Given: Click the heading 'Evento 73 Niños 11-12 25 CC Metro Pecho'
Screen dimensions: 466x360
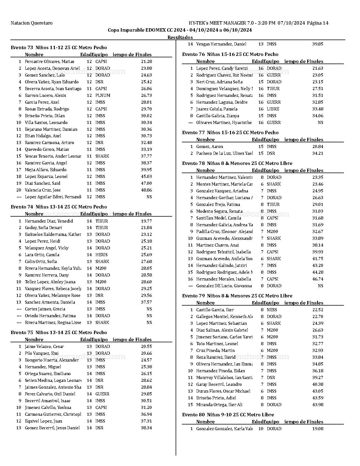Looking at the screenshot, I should coord(59,47).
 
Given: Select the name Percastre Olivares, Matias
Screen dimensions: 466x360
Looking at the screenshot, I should coord(49,62).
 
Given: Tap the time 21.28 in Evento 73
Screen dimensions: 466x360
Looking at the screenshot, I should coord(146,62).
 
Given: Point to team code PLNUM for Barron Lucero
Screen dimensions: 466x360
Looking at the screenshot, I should coord(103,95).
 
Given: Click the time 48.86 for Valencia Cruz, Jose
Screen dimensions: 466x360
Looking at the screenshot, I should coord(146,190).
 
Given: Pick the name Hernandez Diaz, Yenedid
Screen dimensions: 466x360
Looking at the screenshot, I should coord(49,221).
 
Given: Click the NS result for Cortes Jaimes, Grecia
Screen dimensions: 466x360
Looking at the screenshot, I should coord(149,309).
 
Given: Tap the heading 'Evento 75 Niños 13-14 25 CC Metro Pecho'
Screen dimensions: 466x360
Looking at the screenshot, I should coord(59,332).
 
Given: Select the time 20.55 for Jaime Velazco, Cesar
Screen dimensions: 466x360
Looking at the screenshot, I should coord(146,347).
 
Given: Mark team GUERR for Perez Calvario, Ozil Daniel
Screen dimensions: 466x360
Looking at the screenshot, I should coord(102,394).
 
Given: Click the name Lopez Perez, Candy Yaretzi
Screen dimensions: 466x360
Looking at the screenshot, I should coord(222,68).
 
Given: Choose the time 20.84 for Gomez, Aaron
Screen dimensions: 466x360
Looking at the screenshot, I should coord(318,147).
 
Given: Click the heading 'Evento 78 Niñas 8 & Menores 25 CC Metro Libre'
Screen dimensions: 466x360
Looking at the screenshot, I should coord(237,163).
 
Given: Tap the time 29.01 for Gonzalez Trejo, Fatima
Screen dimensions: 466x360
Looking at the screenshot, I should coord(318,204).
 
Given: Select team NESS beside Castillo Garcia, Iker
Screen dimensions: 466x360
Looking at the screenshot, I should coord(272,310).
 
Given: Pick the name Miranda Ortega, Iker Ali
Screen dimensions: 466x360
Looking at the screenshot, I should coord(219,405).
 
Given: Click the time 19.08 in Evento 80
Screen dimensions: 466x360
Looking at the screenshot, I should coord(318,429).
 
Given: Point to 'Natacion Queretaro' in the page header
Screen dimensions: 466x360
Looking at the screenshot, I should coord(31,23).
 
